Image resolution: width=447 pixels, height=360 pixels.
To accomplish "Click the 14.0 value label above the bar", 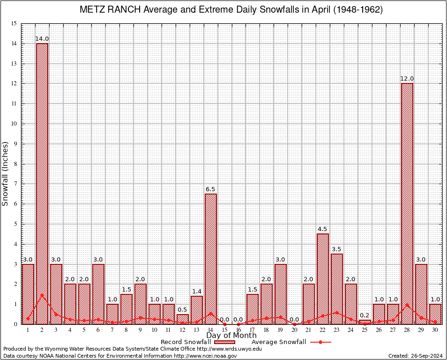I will (x=42, y=39).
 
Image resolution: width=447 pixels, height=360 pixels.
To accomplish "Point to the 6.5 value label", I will (x=211, y=189).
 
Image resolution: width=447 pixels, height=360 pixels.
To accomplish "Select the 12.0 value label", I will (x=407, y=79).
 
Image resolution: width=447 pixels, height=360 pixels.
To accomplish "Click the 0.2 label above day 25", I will (x=365, y=315).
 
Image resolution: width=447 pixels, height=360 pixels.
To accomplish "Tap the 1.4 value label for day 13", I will (x=197, y=292).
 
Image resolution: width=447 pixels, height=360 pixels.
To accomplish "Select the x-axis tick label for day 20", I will (x=295, y=330).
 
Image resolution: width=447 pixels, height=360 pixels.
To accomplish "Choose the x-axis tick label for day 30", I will (x=435, y=330).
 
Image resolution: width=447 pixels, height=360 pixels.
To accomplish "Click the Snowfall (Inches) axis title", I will (x=6, y=174).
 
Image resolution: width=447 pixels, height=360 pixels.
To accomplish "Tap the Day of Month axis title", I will (x=231, y=336).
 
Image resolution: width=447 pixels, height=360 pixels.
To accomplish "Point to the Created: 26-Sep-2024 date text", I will (x=415, y=356).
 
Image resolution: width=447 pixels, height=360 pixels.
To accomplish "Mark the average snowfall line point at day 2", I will (x=42, y=295).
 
